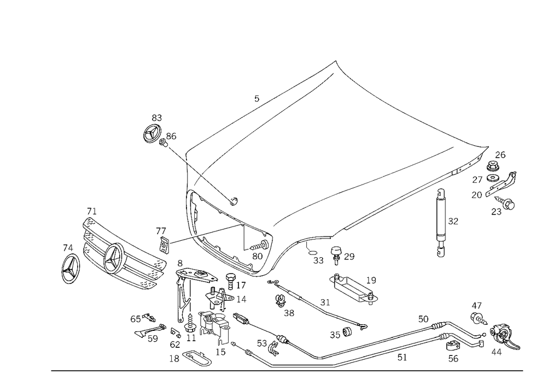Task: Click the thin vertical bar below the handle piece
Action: pos(182,306)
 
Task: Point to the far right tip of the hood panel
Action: pos(486,147)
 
